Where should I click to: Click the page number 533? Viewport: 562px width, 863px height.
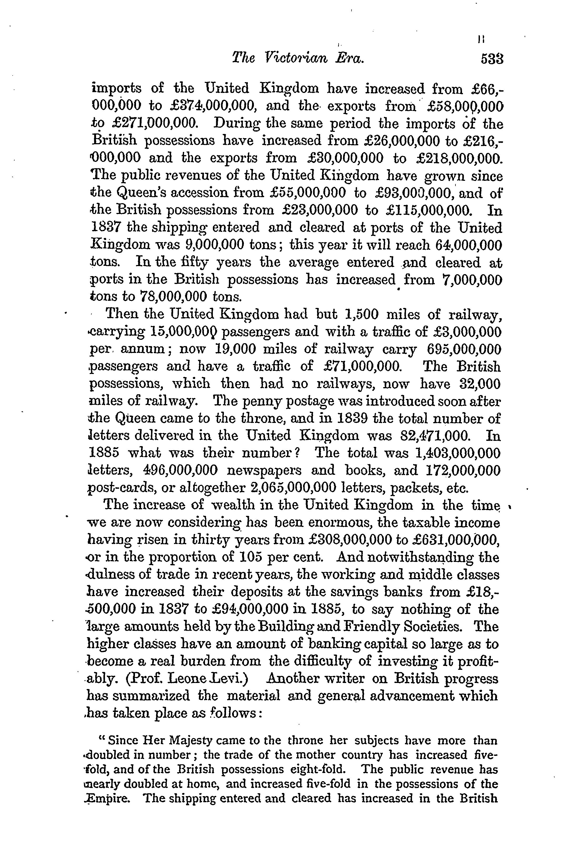[x=492, y=59]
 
